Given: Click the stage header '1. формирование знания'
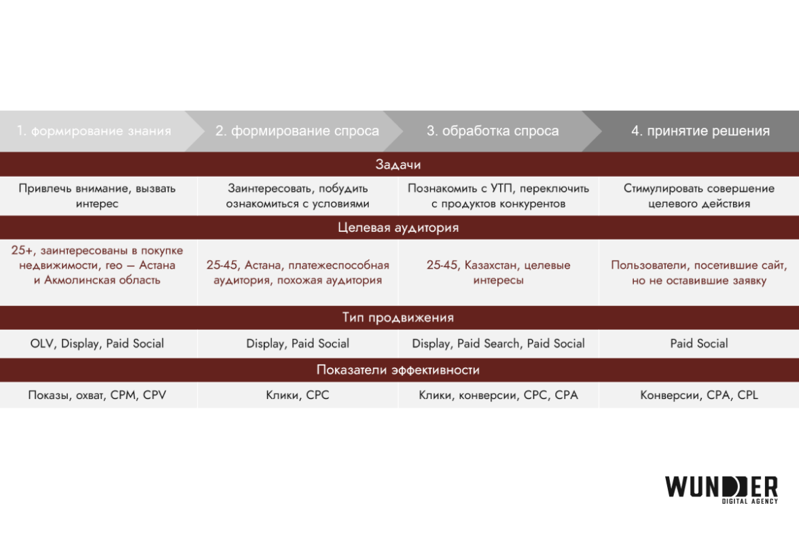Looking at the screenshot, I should click(94, 131).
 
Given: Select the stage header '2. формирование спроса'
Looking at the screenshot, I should click(297, 131).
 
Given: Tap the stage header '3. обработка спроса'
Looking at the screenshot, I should click(493, 131).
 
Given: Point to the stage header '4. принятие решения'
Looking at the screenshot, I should click(700, 131).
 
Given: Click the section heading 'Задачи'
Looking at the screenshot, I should click(399, 165).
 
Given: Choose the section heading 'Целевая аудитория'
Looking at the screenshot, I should click(399, 228).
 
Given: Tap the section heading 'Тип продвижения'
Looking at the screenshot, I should click(399, 317).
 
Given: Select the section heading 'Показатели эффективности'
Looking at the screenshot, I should click(399, 370).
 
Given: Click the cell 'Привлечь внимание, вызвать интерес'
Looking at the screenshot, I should click(97, 196).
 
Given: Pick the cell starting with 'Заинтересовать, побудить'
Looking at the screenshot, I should click(298, 196).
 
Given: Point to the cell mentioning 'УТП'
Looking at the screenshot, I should click(499, 196).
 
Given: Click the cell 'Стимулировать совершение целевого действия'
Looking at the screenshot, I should click(699, 196).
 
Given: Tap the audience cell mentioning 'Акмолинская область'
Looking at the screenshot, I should click(97, 265).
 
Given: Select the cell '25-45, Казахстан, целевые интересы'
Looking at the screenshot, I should click(499, 273).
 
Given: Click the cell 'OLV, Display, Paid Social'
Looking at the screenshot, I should click(97, 343).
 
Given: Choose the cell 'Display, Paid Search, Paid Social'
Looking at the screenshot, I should click(499, 343).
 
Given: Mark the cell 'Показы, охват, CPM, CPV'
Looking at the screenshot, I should click(97, 395).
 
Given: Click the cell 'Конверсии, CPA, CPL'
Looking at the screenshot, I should click(699, 395).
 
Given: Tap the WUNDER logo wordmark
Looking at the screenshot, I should click(721, 485).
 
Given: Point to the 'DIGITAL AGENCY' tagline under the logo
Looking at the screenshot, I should click(749, 502).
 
